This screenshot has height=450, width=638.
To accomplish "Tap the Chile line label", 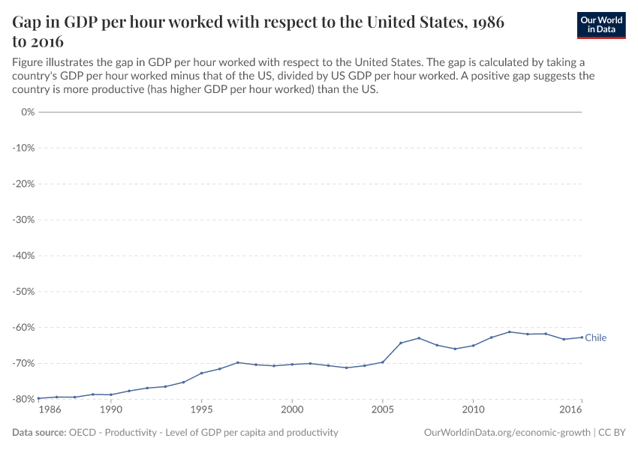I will click(x=595, y=337).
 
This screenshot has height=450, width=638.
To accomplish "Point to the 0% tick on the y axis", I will click(x=26, y=112).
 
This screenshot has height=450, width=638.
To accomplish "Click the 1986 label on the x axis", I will click(x=50, y=410).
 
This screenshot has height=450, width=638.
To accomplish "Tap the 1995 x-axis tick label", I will click(x=201, y=410).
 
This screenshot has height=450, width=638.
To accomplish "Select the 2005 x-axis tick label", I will click(x=382, y=410).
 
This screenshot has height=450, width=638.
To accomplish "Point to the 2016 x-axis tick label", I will click(x=571, y=410).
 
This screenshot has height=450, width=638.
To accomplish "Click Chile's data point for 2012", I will click(x=510, y=331).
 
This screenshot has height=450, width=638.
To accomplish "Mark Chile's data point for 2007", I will click(x=419, y=338).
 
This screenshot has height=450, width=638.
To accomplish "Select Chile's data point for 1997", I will click(x=238, y=362).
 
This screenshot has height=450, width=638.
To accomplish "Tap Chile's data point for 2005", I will click(x=383, y=362).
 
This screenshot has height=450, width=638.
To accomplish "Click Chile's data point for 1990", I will click(x=111, y=394).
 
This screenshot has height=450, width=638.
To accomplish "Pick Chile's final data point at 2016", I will click(x=582, y=337).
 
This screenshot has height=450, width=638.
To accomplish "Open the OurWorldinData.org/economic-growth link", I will click(x=507, y=433).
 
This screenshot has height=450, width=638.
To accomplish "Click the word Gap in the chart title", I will click(x=29, y=22).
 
